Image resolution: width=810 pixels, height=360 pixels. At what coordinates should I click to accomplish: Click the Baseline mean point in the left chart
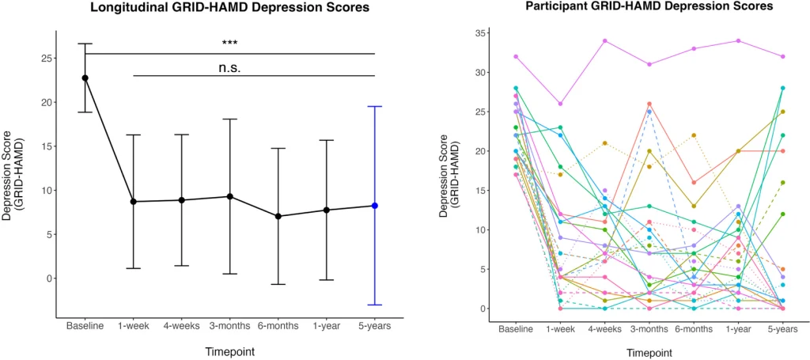point(85,78)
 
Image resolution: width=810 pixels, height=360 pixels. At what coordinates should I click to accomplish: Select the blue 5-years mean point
point(375,206)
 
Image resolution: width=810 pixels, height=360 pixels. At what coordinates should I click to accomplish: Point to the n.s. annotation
point(229,67)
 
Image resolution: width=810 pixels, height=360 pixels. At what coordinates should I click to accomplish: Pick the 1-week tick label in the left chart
point(134,324)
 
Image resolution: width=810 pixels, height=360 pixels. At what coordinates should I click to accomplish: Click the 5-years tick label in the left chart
point(375,324)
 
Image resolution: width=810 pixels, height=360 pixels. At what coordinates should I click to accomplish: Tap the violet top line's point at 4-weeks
point(605,40)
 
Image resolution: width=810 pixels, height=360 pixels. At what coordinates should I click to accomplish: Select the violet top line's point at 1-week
point(560,104)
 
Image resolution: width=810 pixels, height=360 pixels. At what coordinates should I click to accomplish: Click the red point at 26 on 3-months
point(649,104)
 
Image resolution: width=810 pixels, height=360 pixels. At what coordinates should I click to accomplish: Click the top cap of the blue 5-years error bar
point(375,106)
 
